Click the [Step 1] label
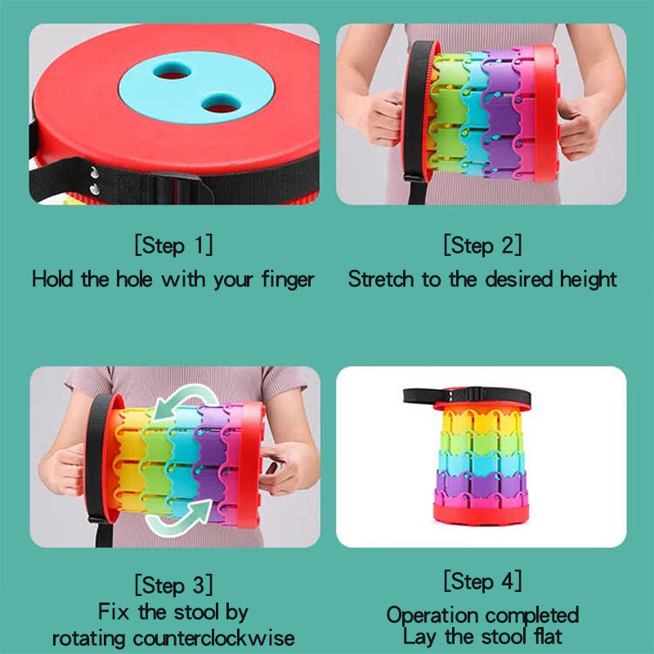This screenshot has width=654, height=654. (173, 244)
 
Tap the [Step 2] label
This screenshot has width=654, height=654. (482, 244)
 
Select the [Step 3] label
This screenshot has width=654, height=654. (173, 585)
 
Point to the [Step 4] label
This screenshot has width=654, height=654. (482, 581)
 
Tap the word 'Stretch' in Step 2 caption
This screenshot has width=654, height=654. (382, 279)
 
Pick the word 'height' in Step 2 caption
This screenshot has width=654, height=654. (588, 279)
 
